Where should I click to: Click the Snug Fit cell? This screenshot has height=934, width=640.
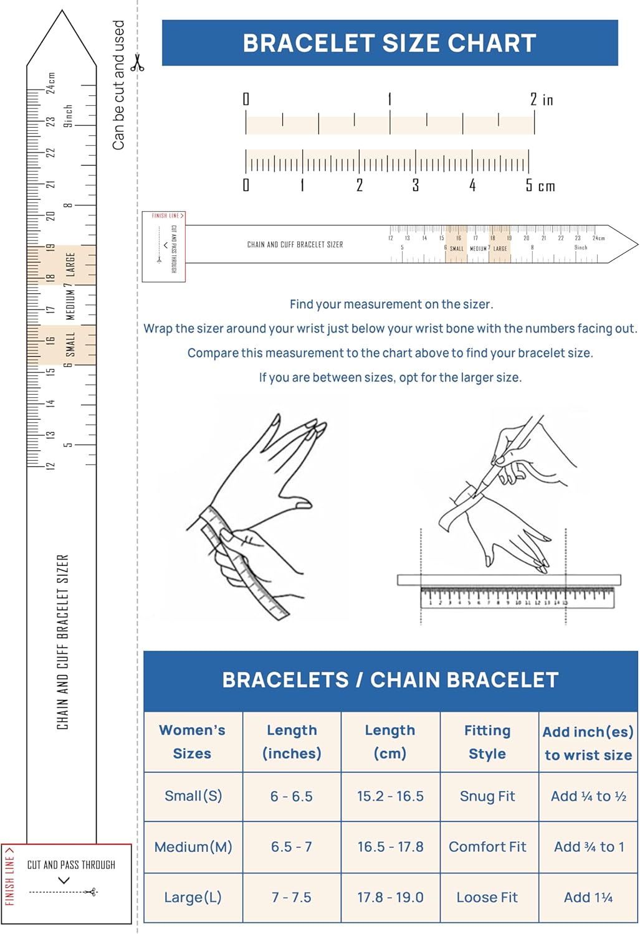point(487,796)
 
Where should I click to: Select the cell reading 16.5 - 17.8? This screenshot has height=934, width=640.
point(390,847)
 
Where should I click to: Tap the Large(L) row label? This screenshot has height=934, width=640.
point(193,897)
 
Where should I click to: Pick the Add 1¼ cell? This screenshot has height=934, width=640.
point(588,897)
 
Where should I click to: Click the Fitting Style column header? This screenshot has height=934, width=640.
point(487,742)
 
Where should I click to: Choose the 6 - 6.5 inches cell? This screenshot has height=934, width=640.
point(292,796)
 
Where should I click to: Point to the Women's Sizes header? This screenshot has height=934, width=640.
point(192,742)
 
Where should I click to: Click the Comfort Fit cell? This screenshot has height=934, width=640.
point(487,847)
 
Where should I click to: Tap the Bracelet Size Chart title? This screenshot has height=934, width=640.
point(389,43)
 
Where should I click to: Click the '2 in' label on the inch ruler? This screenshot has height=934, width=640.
point(542,100)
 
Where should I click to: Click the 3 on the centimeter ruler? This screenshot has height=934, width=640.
point(416,186)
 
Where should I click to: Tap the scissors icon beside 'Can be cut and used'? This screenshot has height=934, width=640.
point(137,63)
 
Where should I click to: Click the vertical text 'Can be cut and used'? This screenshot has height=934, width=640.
point(118,85)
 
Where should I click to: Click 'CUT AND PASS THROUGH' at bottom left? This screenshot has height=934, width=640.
point(71,865)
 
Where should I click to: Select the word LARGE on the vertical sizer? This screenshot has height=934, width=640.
point(70,264)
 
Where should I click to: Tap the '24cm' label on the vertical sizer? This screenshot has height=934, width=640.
point(50,82)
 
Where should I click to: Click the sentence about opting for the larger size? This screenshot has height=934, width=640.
point(390,377)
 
